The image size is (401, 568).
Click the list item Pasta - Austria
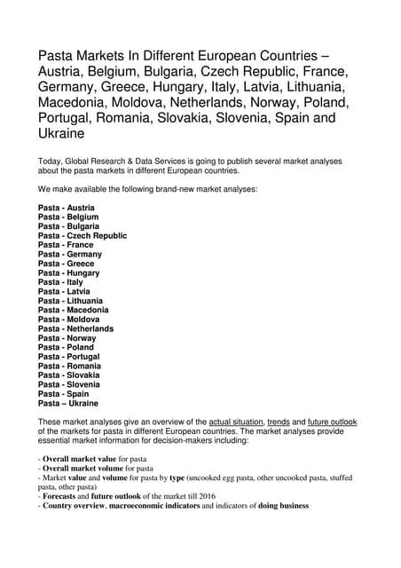click(x=66, y=208)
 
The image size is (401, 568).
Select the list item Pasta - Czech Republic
click(x=83, y=236)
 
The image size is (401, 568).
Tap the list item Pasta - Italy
click(x=59, y=282)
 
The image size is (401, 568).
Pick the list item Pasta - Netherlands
click(x=75, y=328)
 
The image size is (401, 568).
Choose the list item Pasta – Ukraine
click(x=69, y=403)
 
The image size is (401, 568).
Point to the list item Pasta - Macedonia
click(x=74, y=310)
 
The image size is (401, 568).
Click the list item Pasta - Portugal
click(x=68, y=356)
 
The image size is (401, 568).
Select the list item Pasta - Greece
click(x=66, y=264)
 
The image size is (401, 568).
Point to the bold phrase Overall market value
click(x=80, y=456)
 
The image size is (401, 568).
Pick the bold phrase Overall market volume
click(x=83, y=467)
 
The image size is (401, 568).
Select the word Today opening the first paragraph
click(x=51, y=160)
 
